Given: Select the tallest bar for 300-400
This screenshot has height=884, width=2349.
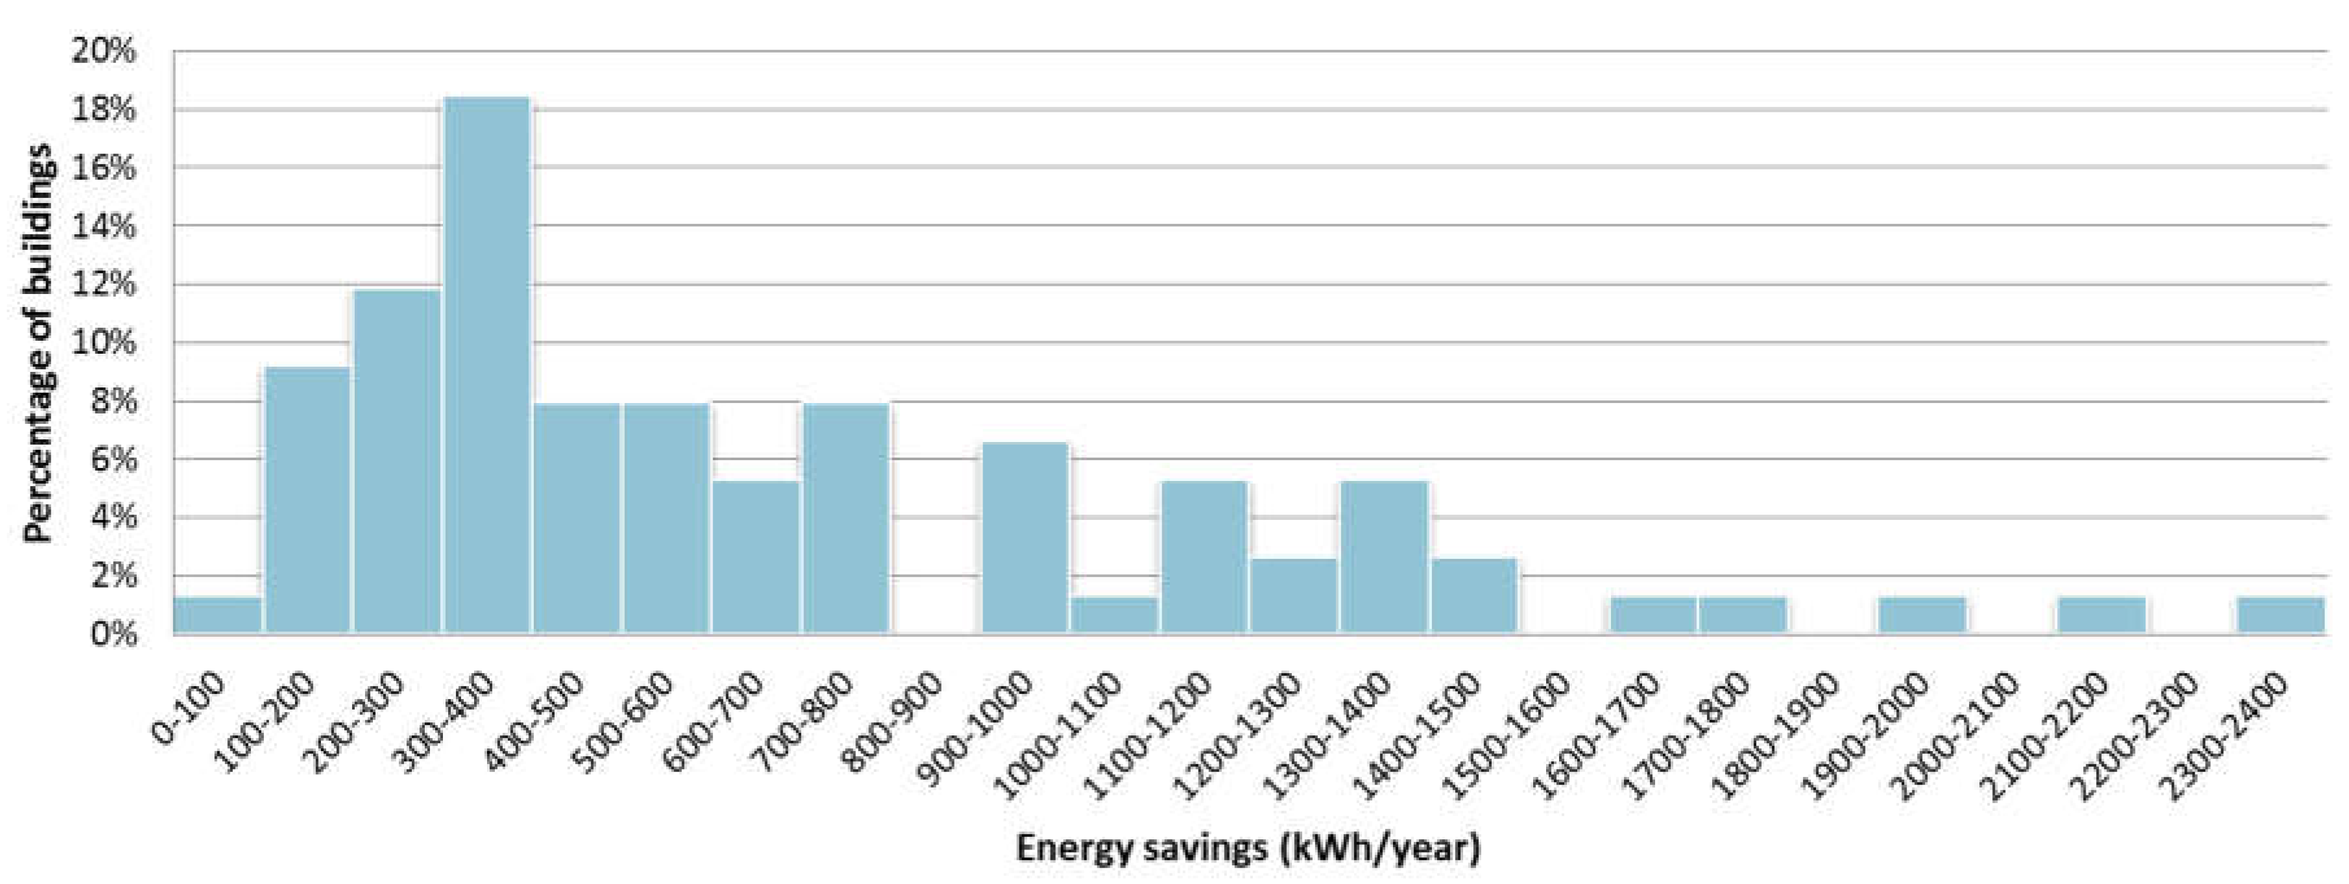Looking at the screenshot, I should point(487,365).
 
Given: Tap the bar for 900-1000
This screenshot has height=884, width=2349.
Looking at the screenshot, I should point(1025,538).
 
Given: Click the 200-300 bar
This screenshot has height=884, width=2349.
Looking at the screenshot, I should point(398,461).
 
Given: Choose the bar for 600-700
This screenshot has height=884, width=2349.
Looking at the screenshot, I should point(757,556).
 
